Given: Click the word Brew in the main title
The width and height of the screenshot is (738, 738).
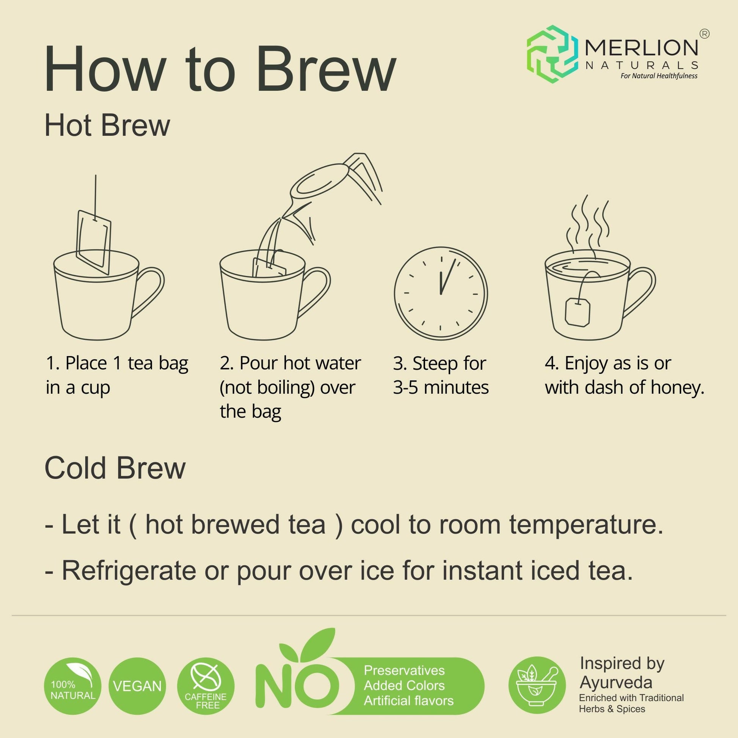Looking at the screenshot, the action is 327,69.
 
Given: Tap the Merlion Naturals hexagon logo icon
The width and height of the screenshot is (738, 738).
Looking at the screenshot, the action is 552,53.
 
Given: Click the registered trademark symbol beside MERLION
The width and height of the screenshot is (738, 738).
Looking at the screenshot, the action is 704,34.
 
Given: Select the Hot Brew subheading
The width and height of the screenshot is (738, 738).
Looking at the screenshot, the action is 107,125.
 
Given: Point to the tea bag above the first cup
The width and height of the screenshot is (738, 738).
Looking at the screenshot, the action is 94,242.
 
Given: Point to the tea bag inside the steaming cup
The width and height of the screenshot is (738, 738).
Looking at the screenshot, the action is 578,311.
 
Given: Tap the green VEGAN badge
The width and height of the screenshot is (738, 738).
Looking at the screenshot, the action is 138,686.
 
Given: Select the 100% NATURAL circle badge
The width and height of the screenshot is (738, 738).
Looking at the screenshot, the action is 73,686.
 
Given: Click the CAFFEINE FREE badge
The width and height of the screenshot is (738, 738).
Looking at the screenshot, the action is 206,686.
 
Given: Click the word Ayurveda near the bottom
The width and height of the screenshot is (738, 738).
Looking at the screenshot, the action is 616,682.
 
